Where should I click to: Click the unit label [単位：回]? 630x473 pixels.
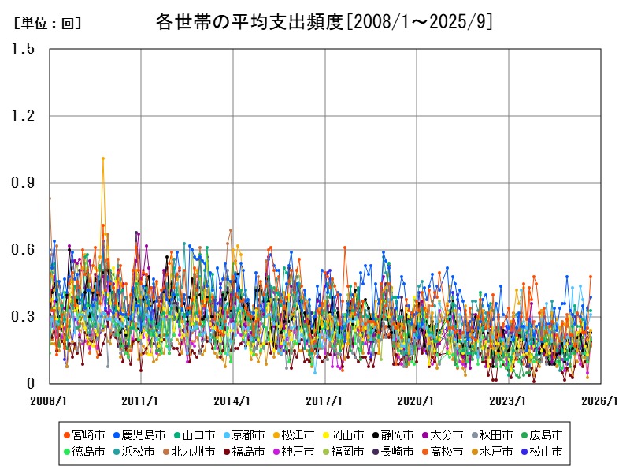(x=48, y=24)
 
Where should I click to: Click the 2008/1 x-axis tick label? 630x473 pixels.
(x=49, y=400)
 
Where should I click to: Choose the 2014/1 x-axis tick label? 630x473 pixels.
(x=233, y=400)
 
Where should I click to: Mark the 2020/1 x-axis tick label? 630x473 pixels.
(x=417, y=400)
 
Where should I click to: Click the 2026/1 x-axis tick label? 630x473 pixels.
(x=601, y=400)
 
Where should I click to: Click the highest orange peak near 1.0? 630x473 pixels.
(x=103, y=158)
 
